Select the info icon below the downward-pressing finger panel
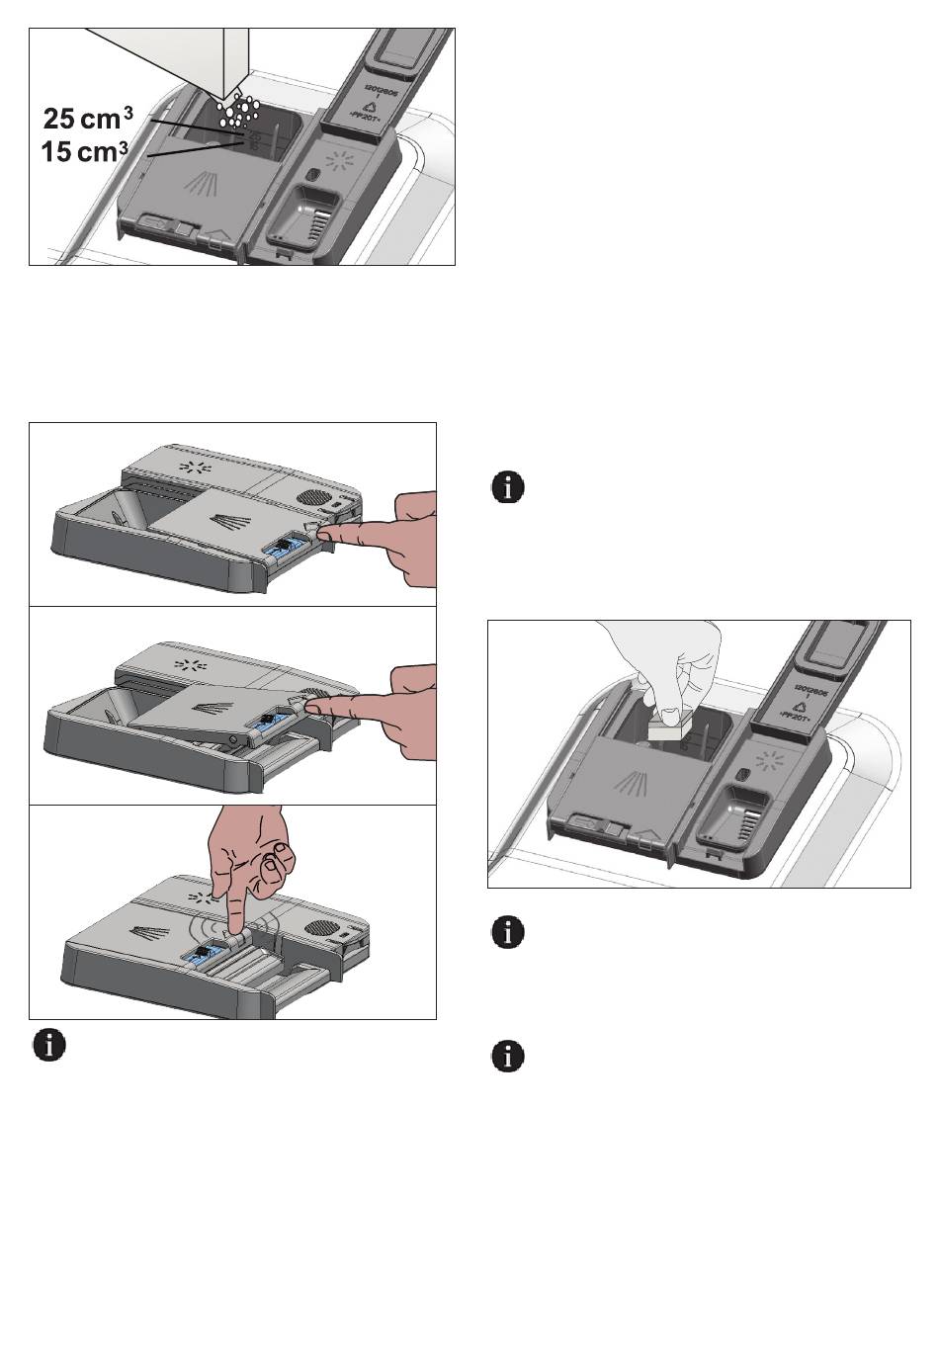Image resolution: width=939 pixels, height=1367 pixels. pos(50,1045)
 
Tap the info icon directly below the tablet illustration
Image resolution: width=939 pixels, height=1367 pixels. pos(508,932)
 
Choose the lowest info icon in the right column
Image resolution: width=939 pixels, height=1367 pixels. pos(508,1056)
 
